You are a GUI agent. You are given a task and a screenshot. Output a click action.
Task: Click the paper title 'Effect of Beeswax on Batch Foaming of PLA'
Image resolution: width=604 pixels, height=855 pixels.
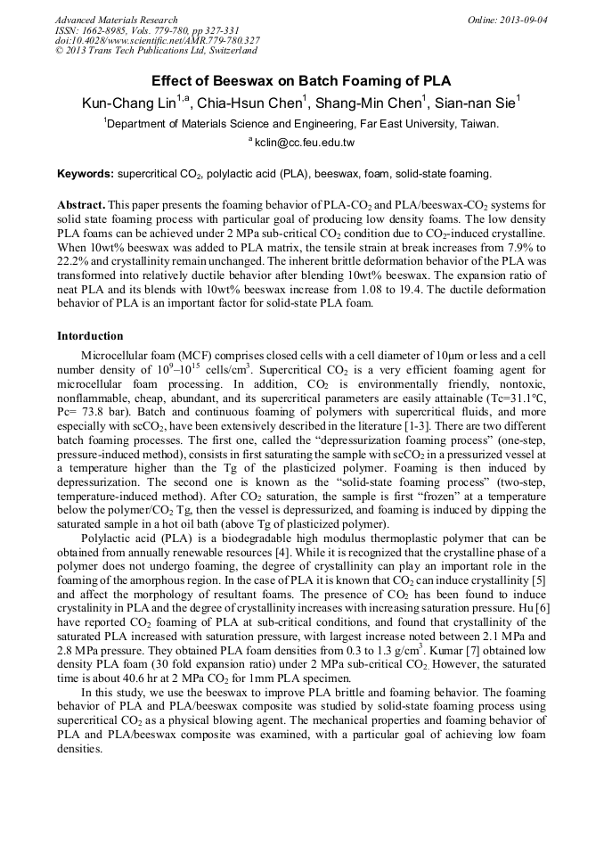[x=301, y=79]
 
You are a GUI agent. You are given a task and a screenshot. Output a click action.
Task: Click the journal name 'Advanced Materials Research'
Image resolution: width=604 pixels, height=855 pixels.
[x=116, y=20]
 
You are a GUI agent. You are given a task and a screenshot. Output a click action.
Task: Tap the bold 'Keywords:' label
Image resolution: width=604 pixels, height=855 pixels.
[x=86, y=173]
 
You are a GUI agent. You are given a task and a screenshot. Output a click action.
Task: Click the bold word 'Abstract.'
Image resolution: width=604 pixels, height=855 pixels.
[x=82, y=204]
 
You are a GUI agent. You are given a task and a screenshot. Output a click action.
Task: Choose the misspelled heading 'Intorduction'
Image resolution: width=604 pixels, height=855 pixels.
[x=90, y=336]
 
